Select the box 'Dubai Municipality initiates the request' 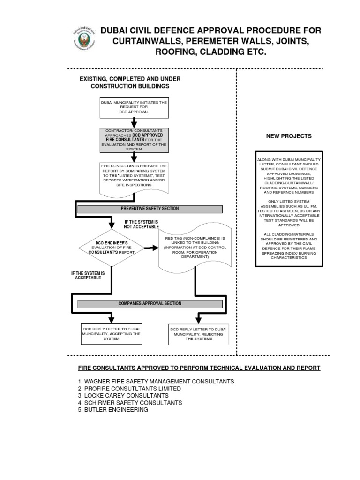tap(135, 107)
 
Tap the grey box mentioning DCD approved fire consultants tap(135, 140)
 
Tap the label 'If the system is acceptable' tap(88, 275)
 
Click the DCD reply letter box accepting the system tap(111, 334)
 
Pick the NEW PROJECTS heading tap(289, 136)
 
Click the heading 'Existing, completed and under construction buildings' tap(130, 82)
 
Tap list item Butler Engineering tap(113, 410)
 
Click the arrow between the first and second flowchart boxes tap(135, 122)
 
